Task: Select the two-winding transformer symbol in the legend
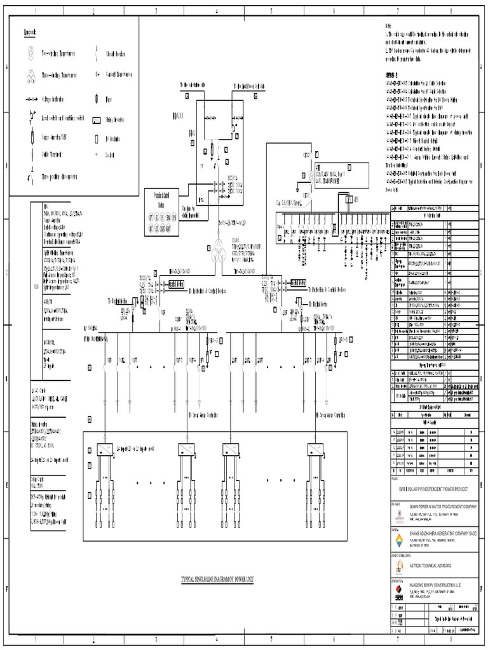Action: pyautogui.click(x=30, y=53)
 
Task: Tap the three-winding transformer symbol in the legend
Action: pyautogui.click(x=30, y=76)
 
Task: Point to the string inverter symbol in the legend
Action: pyautogui.click(x=97, y=119)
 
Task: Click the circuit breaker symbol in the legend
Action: pyautogui.click(x=97, y=52)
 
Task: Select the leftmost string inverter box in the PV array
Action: pyautogui.click(x=101, y=449)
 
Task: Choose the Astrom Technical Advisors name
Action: pyautogui.click(x=432, y=564)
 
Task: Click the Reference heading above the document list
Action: pyautogui.click(x=394, y=74)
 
